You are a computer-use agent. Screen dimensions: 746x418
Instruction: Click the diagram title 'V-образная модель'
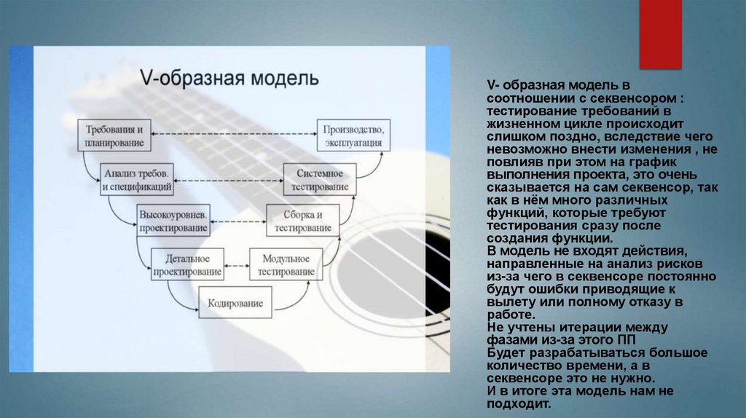(x=229, y=78)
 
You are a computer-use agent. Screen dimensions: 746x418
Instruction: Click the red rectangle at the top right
(x=660, y=33)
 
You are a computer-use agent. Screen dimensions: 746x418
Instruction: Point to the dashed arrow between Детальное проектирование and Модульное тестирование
(x=236, y=263)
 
